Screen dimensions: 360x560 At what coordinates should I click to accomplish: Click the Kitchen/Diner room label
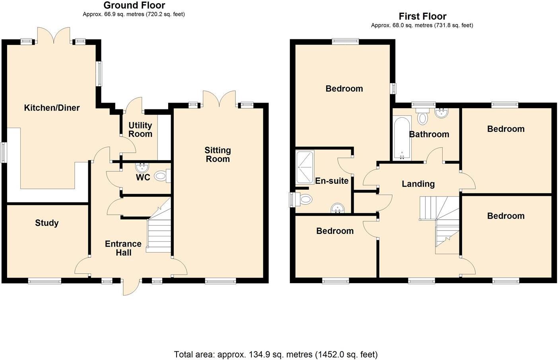pos(52,108)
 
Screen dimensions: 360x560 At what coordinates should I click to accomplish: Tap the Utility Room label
pos(140,130)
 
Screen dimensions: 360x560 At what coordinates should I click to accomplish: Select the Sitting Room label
pos(218,155)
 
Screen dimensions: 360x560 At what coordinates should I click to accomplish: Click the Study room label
pos(47,223)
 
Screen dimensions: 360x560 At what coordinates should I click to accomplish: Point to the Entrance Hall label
pos(123,248)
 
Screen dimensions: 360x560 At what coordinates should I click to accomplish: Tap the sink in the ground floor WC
pos(142,167)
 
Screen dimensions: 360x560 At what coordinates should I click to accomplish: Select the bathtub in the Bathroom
pos(402,138)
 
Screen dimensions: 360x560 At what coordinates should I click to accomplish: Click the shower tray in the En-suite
pos(305,167)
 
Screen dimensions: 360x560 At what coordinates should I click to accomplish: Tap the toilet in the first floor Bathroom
pos(423,117)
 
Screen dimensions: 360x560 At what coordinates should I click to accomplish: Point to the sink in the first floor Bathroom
pos(442,113)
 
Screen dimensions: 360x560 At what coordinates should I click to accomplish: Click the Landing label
pos(418,184)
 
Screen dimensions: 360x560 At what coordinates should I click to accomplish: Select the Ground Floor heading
pos(134,6)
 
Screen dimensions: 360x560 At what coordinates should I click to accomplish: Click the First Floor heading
pos(422,17)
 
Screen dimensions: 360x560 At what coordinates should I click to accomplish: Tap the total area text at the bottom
pos(276,354)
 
